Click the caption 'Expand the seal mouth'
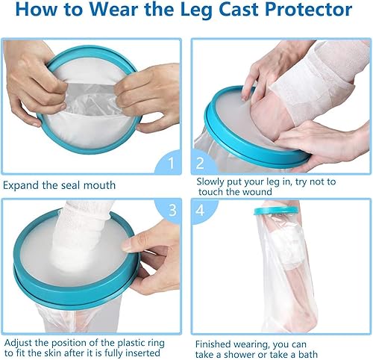[x=58, y=184]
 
